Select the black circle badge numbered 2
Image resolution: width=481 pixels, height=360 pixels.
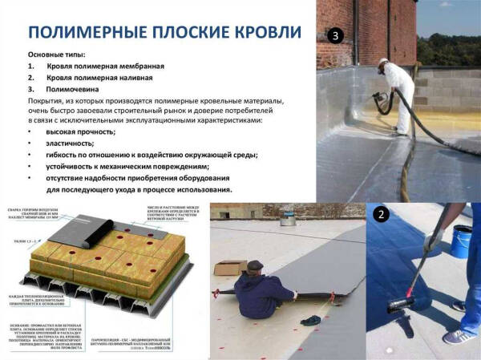(x=382, y=214)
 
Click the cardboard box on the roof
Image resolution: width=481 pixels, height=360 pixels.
(x=231, y=266)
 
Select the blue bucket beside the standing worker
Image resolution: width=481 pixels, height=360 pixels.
(x=463, y=240)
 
